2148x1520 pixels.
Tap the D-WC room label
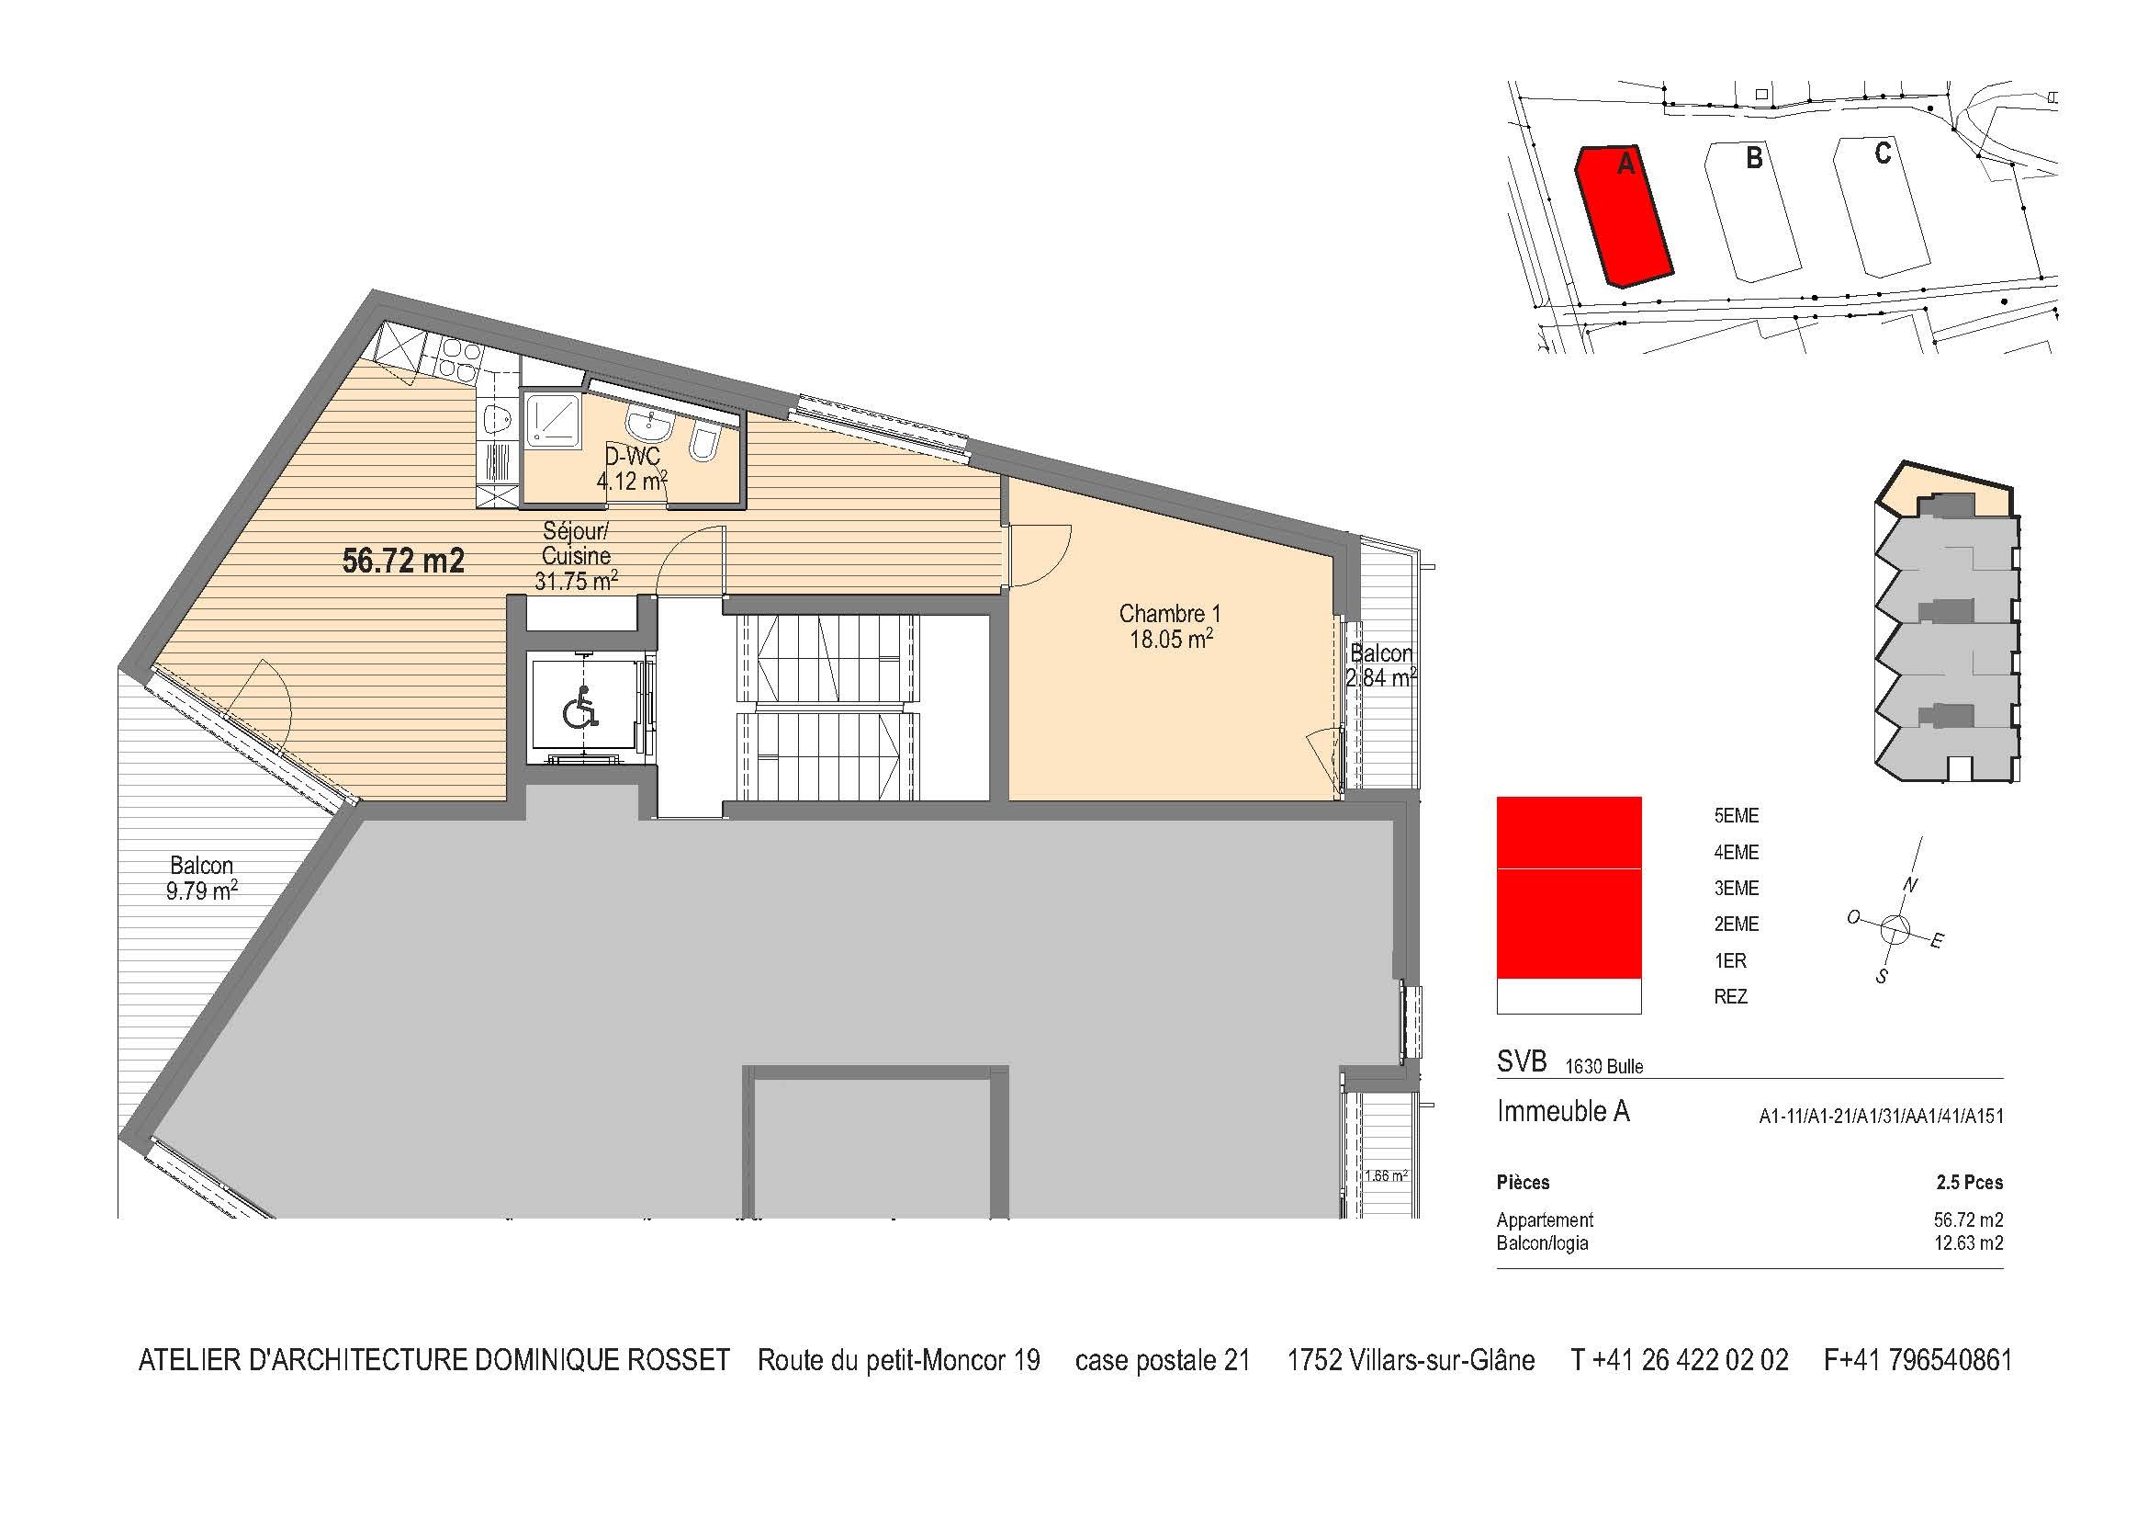point(633,457)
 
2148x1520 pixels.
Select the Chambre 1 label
point(1169,614)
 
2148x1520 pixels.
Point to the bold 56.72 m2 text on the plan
point(403,561)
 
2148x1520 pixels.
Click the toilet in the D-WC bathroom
point(704,446)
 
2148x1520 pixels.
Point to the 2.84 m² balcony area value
point(1381,676)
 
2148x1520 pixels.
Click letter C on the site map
point(1883,153)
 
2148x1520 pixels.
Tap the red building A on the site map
point(1623,215)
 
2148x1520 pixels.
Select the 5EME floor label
point(1737,816)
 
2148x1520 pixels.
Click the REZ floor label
point(1731,997)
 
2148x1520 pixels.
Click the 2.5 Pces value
point(1969,1182)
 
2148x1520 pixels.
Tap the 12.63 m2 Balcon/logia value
point(1968,1243)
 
